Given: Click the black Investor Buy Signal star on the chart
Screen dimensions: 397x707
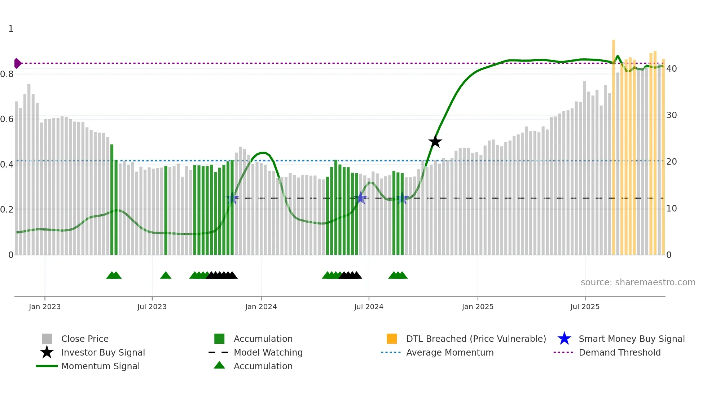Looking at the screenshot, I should (x=435, y=142).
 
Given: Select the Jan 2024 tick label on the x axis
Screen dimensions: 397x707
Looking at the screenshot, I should (x=261, y=307).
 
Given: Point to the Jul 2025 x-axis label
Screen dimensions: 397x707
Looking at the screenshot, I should (x=585, y=307).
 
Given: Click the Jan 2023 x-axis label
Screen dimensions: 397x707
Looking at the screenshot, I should (x=45, y=307).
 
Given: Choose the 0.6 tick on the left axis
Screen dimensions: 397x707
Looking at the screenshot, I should (x=7, y=119).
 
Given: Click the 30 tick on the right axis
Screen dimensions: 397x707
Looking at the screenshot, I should (x=671, y=115).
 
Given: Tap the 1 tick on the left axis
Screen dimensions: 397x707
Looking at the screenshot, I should (x=11, y=29).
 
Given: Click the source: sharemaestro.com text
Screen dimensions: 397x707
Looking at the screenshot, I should (x=638, y=282).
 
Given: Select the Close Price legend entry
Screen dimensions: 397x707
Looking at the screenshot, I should (x=85, y=339).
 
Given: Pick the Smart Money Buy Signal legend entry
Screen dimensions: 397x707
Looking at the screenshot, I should (x=631, y=339).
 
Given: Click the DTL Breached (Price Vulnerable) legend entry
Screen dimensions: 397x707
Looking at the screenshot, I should (x=476, y=339).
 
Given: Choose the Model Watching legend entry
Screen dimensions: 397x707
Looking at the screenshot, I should (x=268, y=353).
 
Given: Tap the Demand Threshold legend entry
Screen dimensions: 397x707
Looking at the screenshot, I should (x=619, y=353).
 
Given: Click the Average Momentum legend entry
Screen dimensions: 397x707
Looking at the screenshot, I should (x=450, y=353).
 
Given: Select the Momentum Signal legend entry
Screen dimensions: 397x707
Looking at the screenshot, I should (x=100, y=366).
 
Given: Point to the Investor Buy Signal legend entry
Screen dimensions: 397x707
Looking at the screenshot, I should (x=103, y=353).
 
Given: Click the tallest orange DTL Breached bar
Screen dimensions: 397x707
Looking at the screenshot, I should (x=613, y=144).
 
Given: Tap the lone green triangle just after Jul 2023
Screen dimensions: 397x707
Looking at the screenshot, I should (x=166, y=276).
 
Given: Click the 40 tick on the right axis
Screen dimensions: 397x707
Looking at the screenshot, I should (x=671, y=69).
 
